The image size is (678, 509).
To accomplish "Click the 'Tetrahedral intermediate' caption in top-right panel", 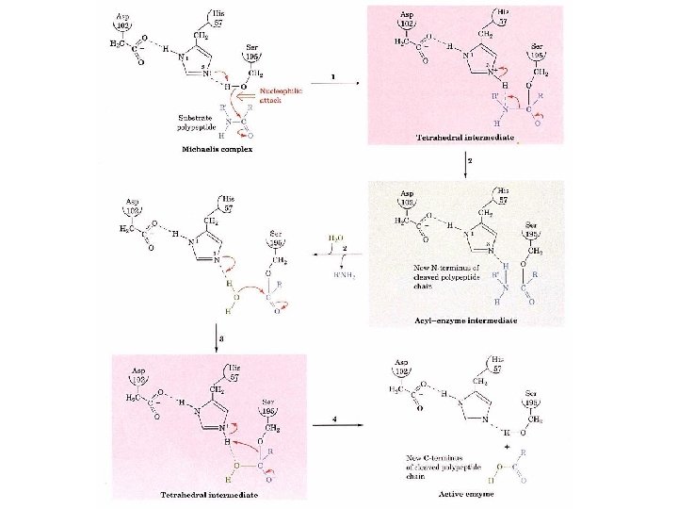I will coord(465,138).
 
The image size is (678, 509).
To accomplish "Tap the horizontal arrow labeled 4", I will coord(337,425).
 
